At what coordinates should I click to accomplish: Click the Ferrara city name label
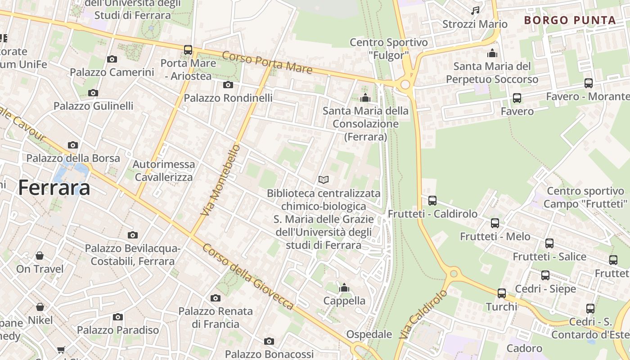point(54,188)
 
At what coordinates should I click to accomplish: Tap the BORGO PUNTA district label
point(570,20)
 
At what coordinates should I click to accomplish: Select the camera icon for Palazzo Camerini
point(112,59)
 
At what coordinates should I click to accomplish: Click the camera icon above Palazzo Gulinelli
point(93,93)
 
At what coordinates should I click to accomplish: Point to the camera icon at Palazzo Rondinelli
point(228,85)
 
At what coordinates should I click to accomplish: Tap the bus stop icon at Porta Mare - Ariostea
point(188,50)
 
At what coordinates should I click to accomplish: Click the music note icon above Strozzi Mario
point(475,10)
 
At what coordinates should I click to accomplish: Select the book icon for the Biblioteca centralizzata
point(323,180)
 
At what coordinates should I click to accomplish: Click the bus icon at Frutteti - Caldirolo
point(432,200)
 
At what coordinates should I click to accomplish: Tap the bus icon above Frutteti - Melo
point(495,223)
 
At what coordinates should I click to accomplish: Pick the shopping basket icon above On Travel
point(40,256)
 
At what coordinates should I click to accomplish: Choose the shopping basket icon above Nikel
point(40,307)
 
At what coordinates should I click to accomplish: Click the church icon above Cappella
point(344,288)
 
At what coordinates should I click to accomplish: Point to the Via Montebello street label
point(220,180)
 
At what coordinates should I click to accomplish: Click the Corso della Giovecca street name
point(248,276)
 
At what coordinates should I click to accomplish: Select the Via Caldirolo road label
point(423,314)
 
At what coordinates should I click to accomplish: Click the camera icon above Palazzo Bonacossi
point(269,341)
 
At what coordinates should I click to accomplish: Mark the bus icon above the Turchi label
point(502,293)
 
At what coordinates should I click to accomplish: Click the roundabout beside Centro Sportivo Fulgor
point(405,84)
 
